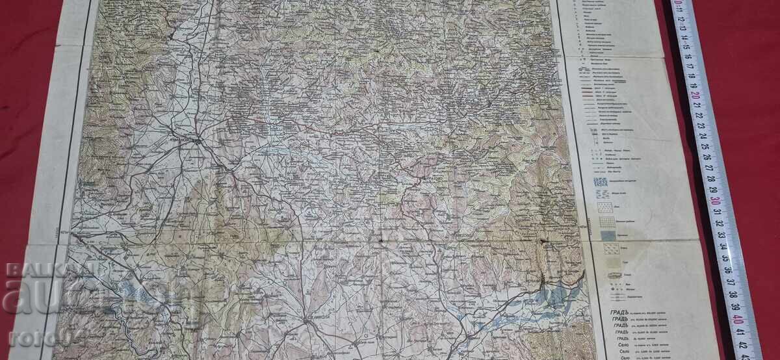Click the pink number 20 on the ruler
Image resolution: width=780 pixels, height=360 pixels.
(697, 95)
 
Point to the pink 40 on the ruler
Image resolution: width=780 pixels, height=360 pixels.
(737, 318)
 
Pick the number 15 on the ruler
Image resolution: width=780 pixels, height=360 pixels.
(686, 45)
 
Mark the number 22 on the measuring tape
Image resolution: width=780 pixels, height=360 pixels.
(699, 116)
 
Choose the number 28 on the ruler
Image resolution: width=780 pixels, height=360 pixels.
(711, 179)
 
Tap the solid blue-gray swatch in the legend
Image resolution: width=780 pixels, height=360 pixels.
(608, 235)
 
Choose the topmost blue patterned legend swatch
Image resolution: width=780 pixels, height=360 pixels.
(601, 183)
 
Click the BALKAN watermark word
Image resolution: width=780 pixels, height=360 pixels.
(32, 269)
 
